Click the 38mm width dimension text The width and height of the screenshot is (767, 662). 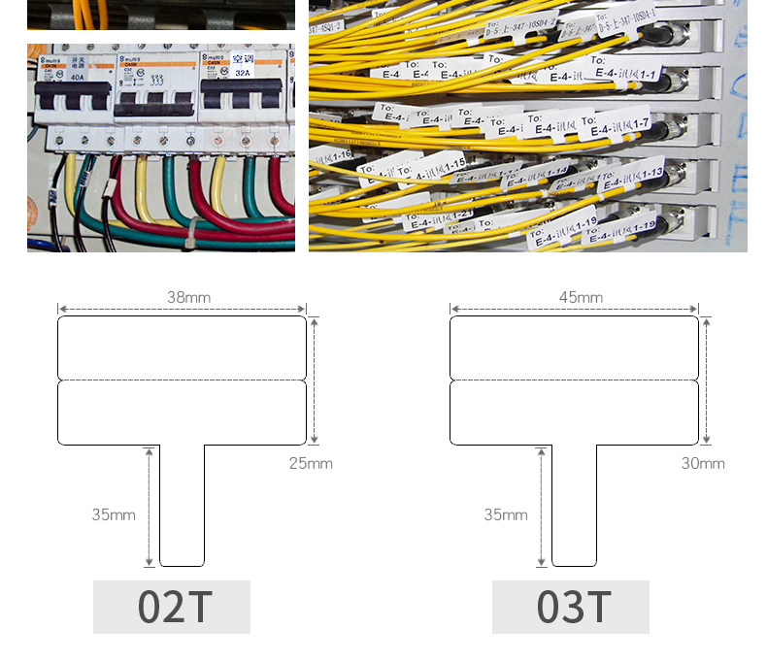pos(188,298)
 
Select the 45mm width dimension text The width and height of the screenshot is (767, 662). pos(581,298)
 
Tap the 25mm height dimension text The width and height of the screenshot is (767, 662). pos(311,463)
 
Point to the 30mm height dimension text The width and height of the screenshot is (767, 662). pos(703,463)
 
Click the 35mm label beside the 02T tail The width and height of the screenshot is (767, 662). pos(114,514)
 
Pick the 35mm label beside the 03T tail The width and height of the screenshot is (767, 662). pos(506,514)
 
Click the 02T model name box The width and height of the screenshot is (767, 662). pos(172,607)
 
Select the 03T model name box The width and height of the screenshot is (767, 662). pos(571,607)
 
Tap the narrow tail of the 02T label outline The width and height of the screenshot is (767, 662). pos(183,505)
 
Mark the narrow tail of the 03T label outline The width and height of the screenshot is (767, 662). pos(575,505)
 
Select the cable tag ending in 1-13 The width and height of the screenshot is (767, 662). pos(632,176)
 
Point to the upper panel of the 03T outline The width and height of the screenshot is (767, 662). pos(574,347)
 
